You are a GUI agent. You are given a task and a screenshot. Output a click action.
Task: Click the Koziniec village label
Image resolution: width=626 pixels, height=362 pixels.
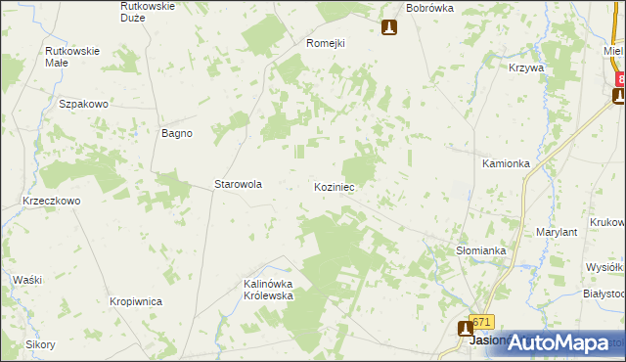(x=335, y=186)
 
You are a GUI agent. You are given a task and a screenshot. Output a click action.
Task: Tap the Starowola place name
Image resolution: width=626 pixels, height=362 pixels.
(x=238, y=184)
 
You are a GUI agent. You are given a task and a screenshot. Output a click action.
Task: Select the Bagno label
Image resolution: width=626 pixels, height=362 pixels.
(x=177, y=133)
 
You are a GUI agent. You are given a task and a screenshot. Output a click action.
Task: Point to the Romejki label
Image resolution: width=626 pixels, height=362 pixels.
(x=327, y=43)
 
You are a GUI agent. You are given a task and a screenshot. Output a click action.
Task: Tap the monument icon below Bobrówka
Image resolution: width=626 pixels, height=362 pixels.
(x=389, y=27)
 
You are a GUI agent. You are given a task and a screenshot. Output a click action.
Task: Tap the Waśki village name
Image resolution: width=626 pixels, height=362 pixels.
(x=27, y=280)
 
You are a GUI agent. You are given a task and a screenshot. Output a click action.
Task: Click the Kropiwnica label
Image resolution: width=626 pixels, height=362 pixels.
(x=136, y=302)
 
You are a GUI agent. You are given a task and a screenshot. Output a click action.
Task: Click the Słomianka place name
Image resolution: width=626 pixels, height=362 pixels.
(x=481, y=250)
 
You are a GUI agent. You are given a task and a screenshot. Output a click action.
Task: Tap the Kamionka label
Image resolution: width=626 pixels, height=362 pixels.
(x=506, y=163)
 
